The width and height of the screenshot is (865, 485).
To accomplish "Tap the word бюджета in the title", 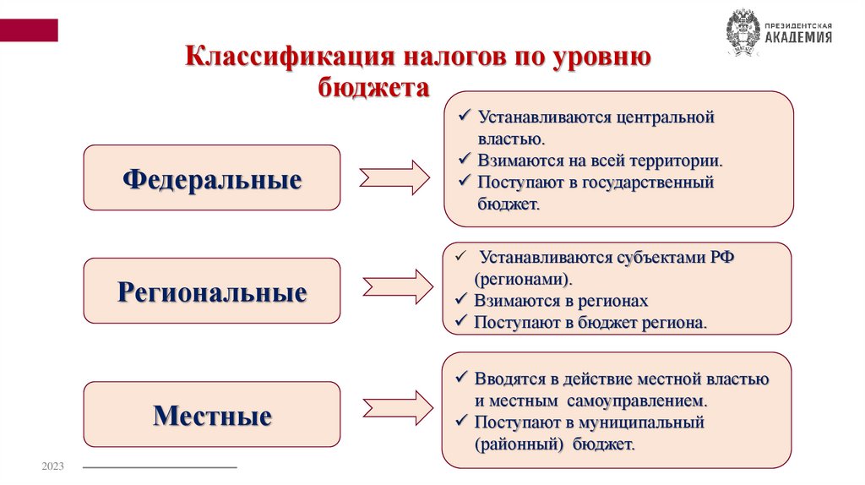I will point(373,87).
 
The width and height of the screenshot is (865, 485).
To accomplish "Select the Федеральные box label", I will point(212,178).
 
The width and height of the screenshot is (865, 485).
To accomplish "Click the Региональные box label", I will point(212,292).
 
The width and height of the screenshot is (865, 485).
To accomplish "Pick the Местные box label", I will point(212,415).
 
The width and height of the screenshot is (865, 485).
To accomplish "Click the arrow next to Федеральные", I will point(394,177).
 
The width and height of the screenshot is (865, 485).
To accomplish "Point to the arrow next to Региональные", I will point(397,288).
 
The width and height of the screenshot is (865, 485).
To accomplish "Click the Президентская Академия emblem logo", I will point(743,33).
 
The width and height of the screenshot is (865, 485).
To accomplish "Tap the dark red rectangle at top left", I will point(29,30).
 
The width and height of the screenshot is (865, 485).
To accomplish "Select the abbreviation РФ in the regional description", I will point(721,257).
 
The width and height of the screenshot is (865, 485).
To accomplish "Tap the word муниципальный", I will point(642,421).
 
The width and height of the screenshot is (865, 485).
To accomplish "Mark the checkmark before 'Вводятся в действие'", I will point(461,377).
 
